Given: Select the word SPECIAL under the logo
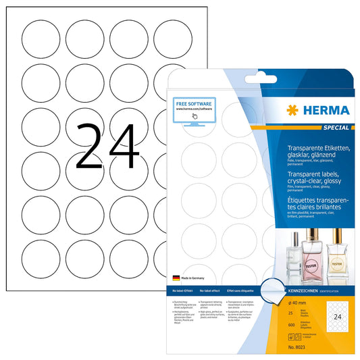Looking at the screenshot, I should pyautogui.click(x=335, y=127).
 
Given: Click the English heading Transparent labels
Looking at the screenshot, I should pyautogui.click(x=313, y=172).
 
